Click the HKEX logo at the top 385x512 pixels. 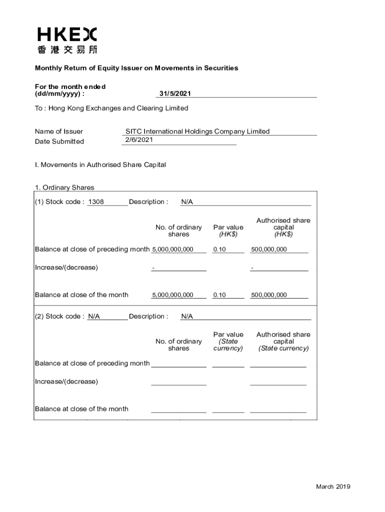click(x=67, y=34)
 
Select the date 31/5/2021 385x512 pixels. click(x=175, y=94)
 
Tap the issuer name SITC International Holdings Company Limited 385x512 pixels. click(x=197, y=131)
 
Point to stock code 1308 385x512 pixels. click(x=95, y=202)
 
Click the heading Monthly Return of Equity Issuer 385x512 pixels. click(x=136, y=68)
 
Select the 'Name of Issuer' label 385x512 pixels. click(x=59, y=131)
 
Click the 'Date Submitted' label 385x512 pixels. click(x=59, y=141)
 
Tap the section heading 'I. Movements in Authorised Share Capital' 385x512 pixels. click(x=100, y=164)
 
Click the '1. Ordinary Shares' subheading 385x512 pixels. click(x=64, y=187)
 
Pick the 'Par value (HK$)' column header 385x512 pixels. click(x=228, y=230)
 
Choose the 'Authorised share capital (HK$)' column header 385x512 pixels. click(x=283, y=227)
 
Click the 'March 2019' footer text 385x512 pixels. click(x=333, y=487)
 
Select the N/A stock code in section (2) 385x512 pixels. click(x=94, y=316)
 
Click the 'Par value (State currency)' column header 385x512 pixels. click(x=228, y=341)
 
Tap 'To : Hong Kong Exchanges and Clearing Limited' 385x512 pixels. click(x=111, y=108)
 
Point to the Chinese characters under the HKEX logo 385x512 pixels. click(x=67, y=49)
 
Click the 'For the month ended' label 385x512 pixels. click(x=70, y=87)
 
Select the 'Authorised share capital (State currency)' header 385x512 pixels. click(x=283, y=341)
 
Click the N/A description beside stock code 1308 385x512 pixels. click(x=187, y=202)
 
